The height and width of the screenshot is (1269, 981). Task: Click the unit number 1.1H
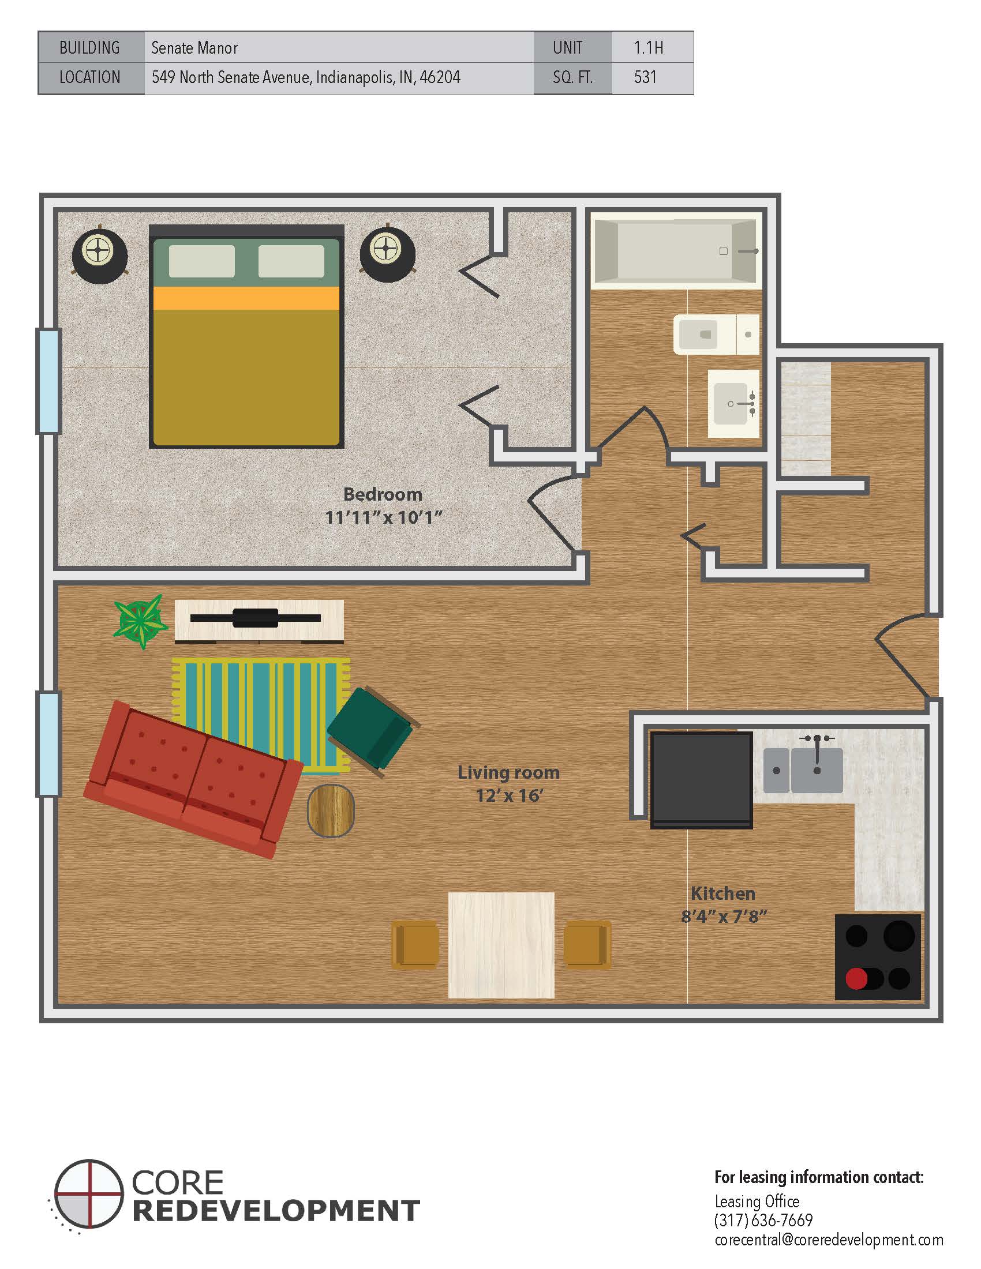[648, 48]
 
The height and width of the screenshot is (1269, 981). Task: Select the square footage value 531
[645, 77]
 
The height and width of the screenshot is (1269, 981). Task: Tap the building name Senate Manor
[194, 48]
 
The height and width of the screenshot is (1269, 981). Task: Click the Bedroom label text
[383, 494]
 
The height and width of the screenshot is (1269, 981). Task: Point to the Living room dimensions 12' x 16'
[509, 795]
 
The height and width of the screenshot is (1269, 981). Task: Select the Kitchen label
[723, 893]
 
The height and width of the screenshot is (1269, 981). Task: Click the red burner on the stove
[856, 978]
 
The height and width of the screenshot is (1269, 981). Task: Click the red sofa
[193, 779]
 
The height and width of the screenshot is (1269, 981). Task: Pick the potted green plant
[140, 621]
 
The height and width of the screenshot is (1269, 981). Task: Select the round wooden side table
[331, 810]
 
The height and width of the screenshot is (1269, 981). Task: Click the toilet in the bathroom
[716, 334]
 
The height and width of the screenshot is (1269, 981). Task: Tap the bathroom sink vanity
[733, 403]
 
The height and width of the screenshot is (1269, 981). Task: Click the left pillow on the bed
[201, 261]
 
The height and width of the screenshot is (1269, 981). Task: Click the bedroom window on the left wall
[49, 381]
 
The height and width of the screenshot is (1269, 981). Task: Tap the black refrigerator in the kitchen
[702, 779]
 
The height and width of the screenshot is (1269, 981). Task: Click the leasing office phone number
[763, 1219]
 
